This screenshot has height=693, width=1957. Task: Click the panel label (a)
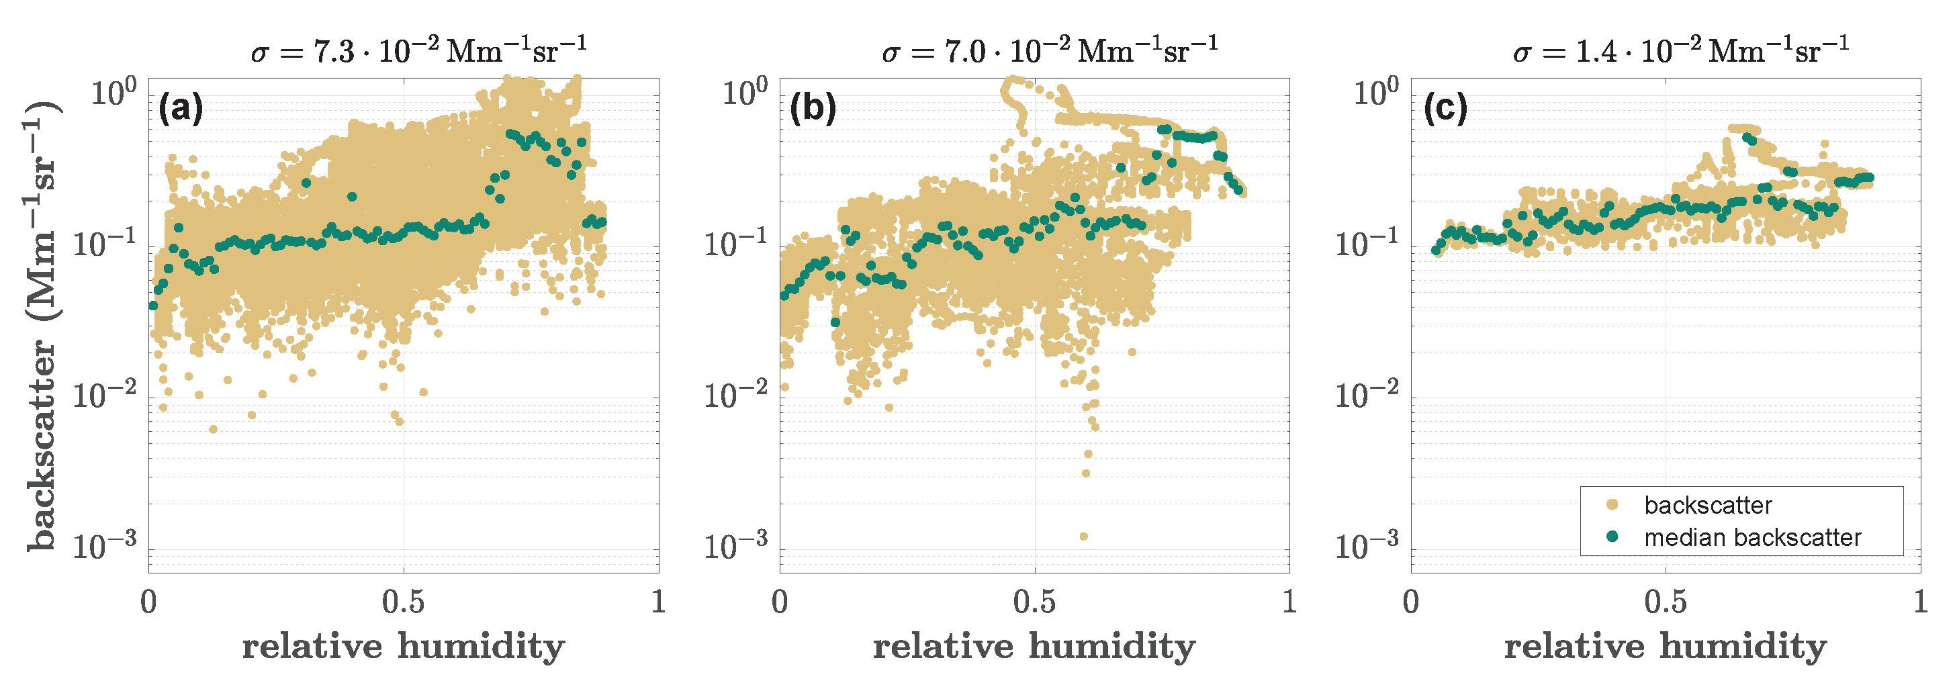[x=181, y=109]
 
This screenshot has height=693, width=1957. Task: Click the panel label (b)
[x=813, y=109]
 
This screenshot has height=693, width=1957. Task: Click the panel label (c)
[x=1445, y=109]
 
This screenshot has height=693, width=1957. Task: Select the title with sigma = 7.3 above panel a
[x=418, y=50]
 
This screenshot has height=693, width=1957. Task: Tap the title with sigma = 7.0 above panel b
[x=1050, y=50]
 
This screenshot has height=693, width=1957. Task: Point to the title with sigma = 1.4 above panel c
[x=1680, y=50]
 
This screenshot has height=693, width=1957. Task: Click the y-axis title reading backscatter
[x=42, y=327]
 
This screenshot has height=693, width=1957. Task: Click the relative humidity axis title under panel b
[x=1034, y=647]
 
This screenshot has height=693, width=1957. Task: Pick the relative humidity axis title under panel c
[x=1666, y=647]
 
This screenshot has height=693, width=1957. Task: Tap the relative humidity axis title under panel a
[x=404, y=647]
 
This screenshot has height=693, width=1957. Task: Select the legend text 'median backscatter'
[x=1753, y=537]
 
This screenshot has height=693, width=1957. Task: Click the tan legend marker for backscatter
[x=1612, y=504]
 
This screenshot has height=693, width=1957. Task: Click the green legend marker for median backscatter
[x=1612, y=537]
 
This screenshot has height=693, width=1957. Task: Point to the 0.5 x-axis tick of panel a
[x=404, y=602]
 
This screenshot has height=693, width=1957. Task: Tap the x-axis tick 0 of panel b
[x=780, y=602]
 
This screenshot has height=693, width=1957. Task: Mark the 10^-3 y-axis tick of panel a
[x=105, y=545]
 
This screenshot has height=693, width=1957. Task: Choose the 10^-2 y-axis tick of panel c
[x=1367, y=395]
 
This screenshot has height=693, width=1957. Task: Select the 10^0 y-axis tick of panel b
[x=745, y=93]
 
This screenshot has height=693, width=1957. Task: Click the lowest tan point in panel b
[x=1083, y=537]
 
